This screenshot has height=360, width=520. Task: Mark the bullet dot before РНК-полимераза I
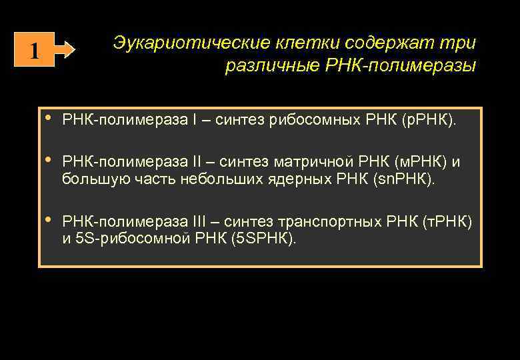coord(49,119)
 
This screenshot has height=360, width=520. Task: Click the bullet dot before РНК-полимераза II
coord(49,161)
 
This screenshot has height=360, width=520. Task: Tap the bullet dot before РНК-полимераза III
coord(49,220)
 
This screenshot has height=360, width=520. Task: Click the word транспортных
coord(327,221)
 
